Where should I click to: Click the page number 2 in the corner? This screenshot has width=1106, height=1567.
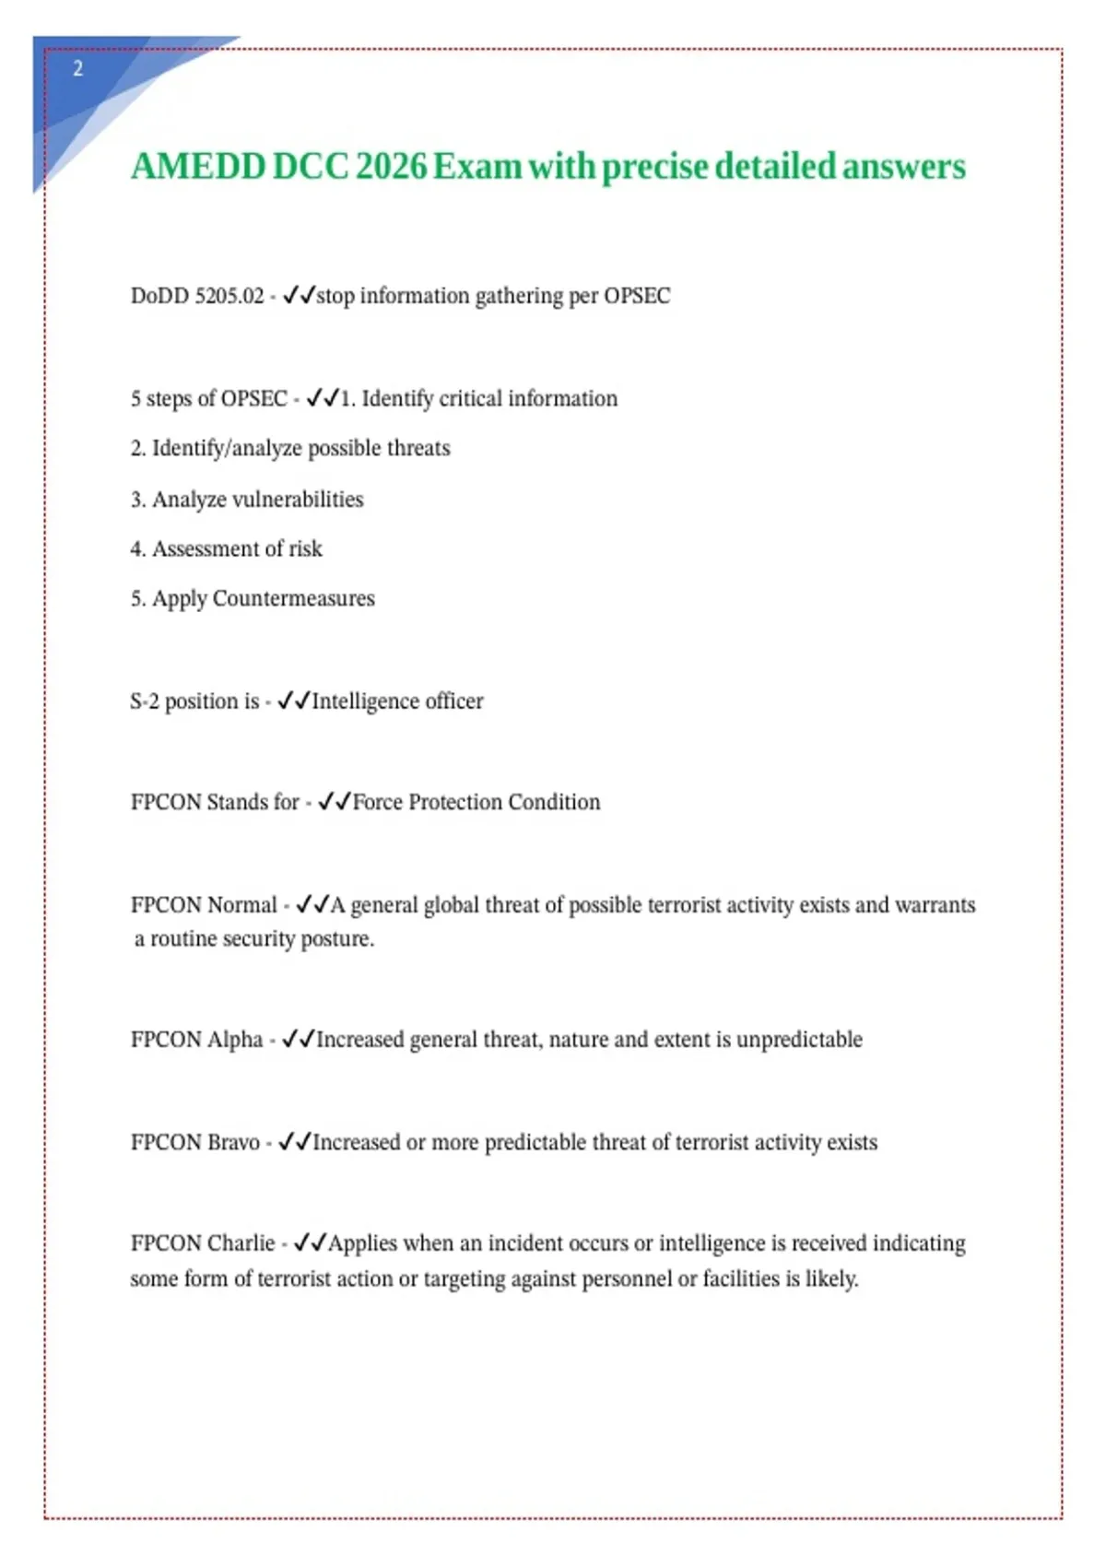pos(77,68)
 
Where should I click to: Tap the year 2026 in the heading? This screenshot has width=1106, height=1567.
pos(391,167)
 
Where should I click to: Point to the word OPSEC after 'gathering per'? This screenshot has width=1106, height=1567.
pos(637,296)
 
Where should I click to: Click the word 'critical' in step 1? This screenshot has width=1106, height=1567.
pos(470,398)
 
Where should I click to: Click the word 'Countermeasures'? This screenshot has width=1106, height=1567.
pos(293,598)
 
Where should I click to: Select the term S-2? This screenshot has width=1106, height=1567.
pos(145,701)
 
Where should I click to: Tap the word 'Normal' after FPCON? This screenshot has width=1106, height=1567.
pos(242,905)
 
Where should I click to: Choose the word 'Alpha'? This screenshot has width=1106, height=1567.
pos(235,1040)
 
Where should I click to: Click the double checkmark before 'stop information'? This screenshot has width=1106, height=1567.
pos(299,296)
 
